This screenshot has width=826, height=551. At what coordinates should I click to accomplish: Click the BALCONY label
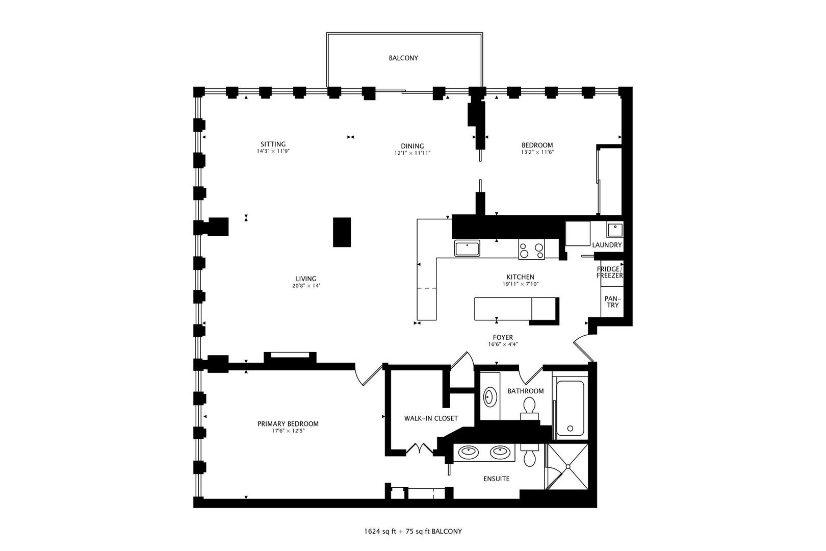[x=403, y=58]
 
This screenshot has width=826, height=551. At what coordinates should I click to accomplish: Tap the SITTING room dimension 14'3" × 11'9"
[x=273, y=152]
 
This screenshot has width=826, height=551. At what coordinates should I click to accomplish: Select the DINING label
[x=412, y=146]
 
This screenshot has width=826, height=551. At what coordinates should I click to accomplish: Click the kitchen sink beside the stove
[x=468, y=248]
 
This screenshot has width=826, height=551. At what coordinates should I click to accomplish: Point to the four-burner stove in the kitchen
[x=531, y=249]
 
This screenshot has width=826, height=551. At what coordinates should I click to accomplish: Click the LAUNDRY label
[x=607, y=245]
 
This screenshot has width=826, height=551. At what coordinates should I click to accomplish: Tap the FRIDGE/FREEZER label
[x=610, y=272]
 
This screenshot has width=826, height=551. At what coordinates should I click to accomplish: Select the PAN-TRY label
[x=612, y=302]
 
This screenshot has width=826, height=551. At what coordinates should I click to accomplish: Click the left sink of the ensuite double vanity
[x=468, y=452]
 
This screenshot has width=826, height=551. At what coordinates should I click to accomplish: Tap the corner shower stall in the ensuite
[x=567, y=466]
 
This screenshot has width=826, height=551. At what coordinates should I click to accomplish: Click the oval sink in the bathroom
[x=490, y=396]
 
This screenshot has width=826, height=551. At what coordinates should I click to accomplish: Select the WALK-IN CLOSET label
[x=431, y=418]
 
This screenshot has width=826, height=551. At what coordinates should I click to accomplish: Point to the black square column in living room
[x=342, y=232]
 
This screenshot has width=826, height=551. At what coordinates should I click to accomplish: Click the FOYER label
[x=503, y=337]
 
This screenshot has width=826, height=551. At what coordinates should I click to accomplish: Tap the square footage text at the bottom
[x=412, y=531]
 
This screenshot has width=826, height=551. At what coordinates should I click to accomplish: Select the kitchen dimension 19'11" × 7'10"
[x=520, y=284]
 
